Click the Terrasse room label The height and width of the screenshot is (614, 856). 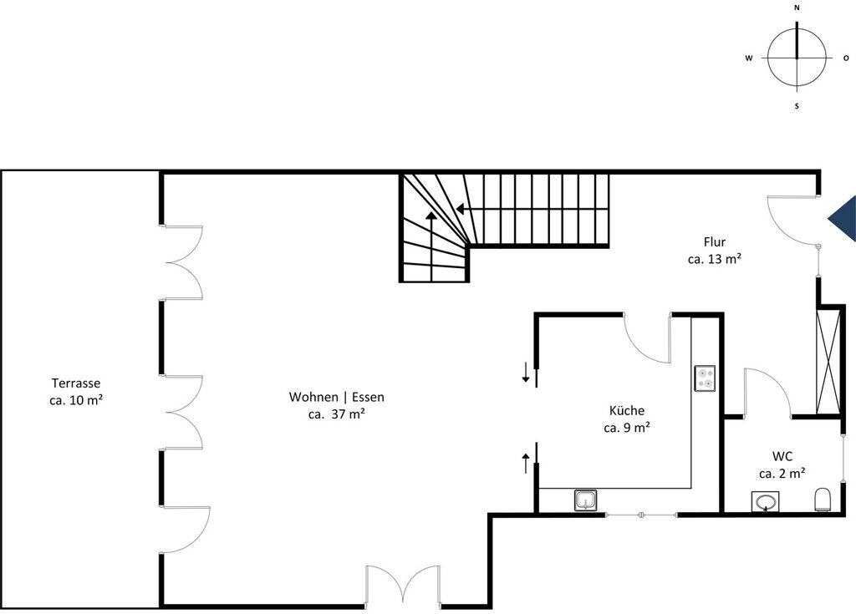tap(76, 383)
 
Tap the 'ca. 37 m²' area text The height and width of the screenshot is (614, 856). tap(336, 414)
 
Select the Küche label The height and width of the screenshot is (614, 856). tap(627, 410)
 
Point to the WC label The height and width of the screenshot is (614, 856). tap(782, 456)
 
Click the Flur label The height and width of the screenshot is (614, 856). tap(715, 241)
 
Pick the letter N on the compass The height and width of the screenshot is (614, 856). tap(797, 8)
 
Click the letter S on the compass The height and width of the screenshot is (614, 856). tap(797, 106)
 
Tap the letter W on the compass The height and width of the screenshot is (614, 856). tap(749, 58)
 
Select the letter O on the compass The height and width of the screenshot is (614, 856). tap(846, 58)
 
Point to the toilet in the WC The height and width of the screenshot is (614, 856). tap(823, 500)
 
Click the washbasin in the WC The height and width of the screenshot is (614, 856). tap(765, 501)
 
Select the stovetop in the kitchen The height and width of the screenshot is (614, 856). tap(704, 378)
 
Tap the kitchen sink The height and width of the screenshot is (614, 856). tap(585, 500)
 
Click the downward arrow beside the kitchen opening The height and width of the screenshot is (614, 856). tap(526, 373)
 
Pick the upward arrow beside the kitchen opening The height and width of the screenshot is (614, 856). tap(526, 464)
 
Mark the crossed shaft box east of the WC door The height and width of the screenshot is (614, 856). tap(828, 361)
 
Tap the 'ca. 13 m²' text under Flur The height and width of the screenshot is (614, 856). tap(715, 259)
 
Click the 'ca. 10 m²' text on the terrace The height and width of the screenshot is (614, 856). tap(76, 400)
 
